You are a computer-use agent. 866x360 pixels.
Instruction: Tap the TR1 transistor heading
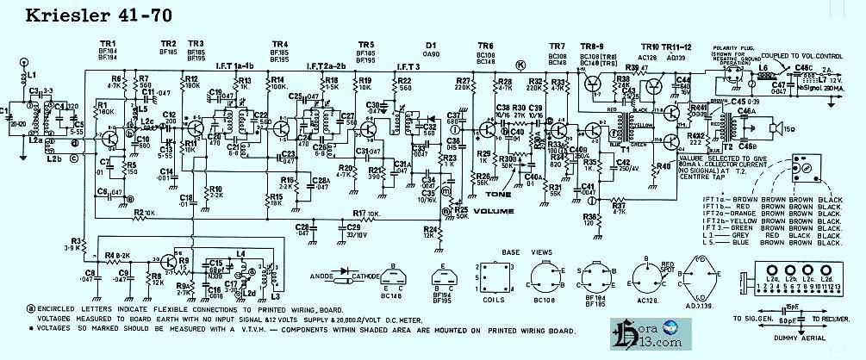point(108,43)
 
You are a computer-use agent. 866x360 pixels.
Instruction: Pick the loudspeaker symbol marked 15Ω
point(774,129)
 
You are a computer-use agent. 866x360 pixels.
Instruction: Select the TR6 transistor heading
point(485,43)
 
